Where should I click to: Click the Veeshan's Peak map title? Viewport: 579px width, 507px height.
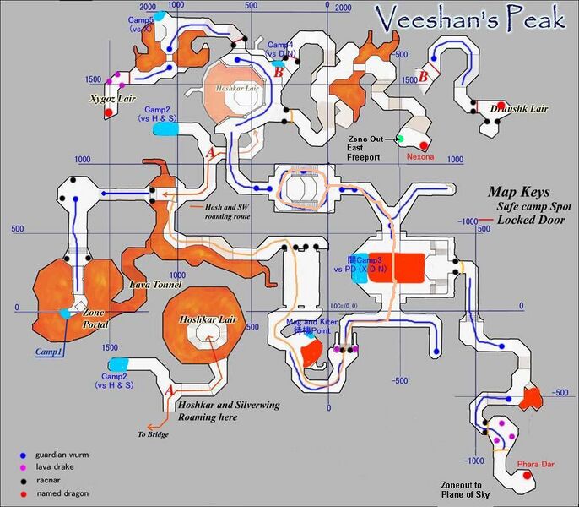click(x=468, y=20)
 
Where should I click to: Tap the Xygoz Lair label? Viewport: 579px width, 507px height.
click(x=114, y=99)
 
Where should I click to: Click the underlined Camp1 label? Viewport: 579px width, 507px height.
click(x=48, y=351)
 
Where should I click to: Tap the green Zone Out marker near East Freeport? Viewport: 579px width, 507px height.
click(x=402, y=139)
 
